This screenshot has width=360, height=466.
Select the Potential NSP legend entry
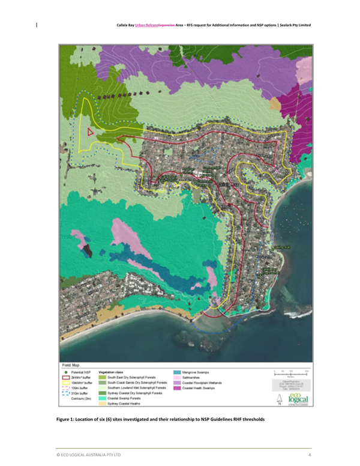[x=80, y=373]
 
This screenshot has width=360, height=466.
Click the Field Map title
[x=73, y=364]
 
